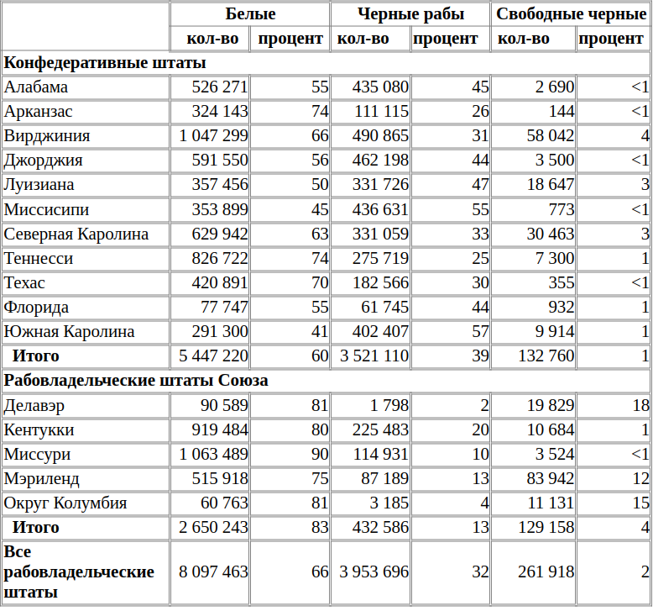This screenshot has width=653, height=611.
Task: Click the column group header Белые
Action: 250,13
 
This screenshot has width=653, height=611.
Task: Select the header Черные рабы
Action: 410,14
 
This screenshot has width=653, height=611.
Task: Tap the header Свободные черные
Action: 571,14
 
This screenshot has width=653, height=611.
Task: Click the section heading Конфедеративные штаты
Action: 105,63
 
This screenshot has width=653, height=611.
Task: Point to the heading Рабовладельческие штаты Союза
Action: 136,381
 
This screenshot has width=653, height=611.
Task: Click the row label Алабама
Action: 36,87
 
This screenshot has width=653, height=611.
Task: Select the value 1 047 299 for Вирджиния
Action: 213,136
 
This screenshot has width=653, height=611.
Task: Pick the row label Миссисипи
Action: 46,209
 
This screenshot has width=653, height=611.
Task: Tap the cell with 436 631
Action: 380,209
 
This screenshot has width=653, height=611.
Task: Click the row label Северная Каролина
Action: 76,234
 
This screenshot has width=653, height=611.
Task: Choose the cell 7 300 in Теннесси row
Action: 555,259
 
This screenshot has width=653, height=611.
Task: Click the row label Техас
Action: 24,282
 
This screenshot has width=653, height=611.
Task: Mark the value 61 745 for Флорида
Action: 384,308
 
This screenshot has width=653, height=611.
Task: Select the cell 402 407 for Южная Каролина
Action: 380,332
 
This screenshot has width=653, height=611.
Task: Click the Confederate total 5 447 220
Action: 213,356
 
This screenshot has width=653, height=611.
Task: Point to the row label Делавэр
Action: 34,405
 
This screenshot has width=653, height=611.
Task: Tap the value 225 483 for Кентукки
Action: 380,430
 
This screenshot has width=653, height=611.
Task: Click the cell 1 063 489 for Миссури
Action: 213,454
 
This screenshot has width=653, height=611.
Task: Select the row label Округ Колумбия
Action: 65,503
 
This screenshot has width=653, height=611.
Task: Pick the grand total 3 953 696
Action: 374,571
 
